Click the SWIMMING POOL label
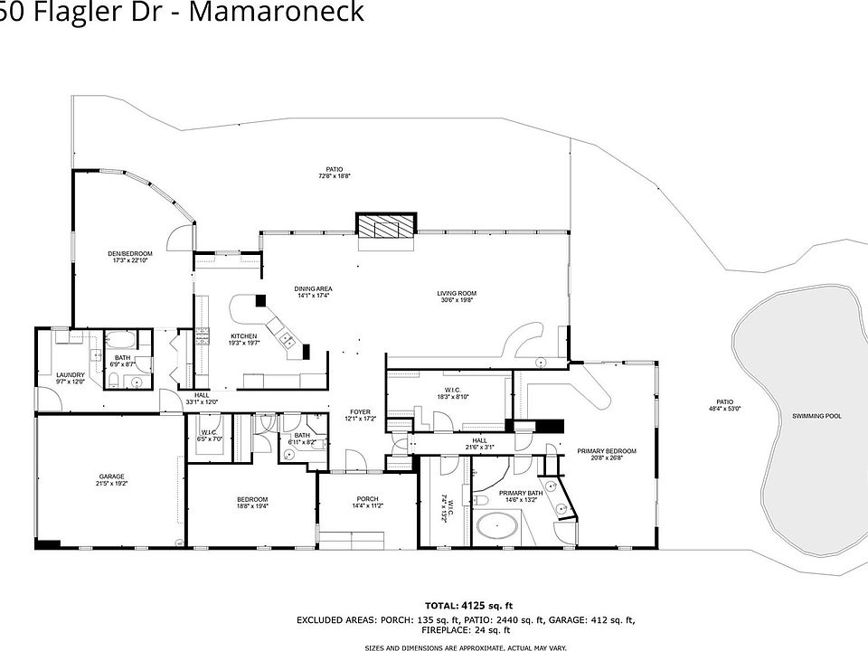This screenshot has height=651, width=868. [x=816, y=416]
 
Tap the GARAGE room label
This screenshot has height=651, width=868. [x=112, y=476]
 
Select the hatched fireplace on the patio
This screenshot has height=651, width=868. [x=386, y=225]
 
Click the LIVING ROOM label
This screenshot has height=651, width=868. [x=457, y=293]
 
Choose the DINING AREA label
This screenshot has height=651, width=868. [x=313, y=288]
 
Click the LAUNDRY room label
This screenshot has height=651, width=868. [x=70, y=375]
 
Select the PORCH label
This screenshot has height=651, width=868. [x=367, y=499]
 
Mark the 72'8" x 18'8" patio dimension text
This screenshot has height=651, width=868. [x=334, y=176]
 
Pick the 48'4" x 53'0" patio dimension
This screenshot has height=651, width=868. [x=724, y=409]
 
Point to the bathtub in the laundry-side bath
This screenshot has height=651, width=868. [x=120, y=343]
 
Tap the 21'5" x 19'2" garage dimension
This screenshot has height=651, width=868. [x=112, y=484]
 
